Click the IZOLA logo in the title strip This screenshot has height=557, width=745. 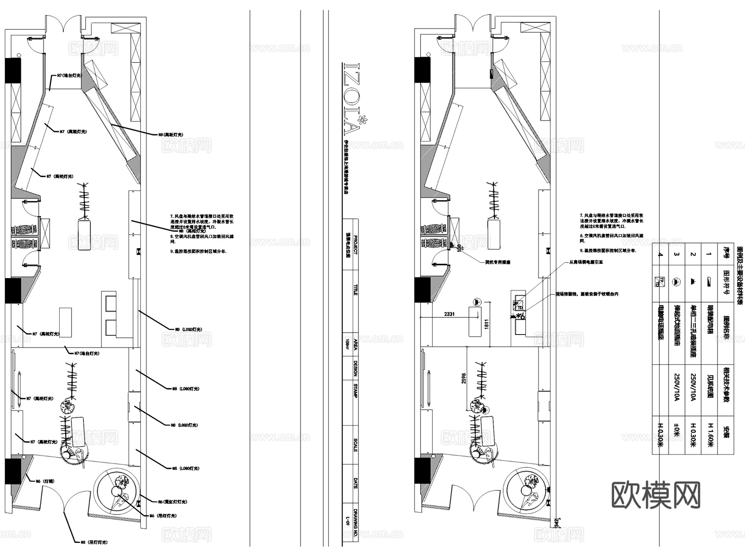tap(353, 99)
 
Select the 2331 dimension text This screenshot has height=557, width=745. tap(449, 314)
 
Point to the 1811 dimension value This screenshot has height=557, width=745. tap(486, 324)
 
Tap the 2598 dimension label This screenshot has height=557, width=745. tap(464, 378)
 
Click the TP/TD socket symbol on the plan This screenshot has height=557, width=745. tap(518, 306)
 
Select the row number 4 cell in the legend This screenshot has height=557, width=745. tap(661, 254)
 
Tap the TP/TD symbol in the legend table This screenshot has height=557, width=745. tap(661, 281)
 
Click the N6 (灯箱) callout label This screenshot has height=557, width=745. tap(45, 481)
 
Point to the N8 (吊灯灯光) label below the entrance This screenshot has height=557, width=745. tap(94, 542)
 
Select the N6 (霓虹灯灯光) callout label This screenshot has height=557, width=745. tap(172, 502)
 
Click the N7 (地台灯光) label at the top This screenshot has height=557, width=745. tap(69, 76)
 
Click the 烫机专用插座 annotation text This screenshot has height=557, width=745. tap(497, 262)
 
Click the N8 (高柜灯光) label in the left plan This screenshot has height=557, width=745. tap(171, 134)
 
